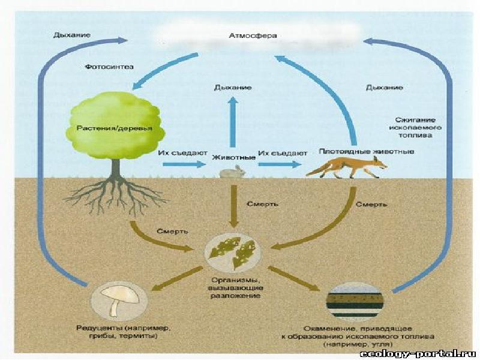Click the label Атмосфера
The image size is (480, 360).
point(253,36)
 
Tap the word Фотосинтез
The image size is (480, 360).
point(109,67)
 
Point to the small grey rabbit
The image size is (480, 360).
point(233,172)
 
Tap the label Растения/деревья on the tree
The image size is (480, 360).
point(114,128)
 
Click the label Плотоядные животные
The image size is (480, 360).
point(367,152)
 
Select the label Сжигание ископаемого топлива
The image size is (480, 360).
point(415,128)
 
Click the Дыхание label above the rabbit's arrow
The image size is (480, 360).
point(233,88)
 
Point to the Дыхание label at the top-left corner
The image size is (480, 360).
point(71,35)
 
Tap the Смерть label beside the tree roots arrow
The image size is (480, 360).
point(172,231)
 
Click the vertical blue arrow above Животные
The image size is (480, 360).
point(233,122)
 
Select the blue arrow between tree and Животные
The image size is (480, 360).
point(185,164)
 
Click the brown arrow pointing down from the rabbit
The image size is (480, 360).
point(233,206)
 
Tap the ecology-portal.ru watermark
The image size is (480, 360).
point(418,354)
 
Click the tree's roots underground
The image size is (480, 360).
point(116,197)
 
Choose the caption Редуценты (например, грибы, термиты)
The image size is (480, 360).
point(122,332)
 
